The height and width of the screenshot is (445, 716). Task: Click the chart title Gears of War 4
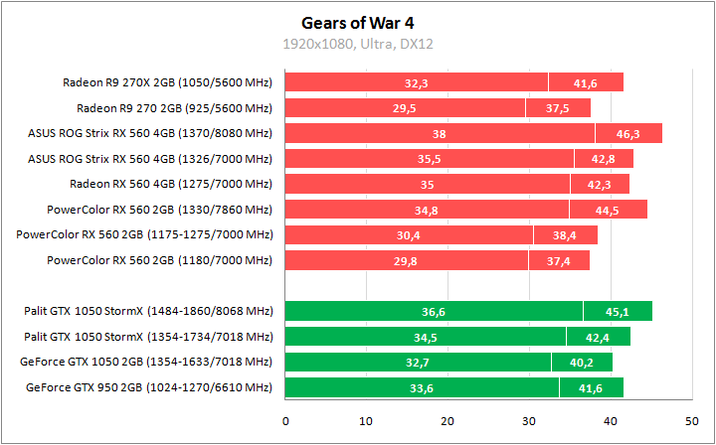click(x=357, y=22)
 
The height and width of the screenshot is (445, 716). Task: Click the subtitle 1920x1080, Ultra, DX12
click(x=357, y=44)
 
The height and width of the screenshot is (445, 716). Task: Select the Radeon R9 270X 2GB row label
click(x=167, y=82)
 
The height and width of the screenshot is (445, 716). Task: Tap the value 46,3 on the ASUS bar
click(x=628, y=133)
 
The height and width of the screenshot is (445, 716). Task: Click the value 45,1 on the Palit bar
click(x=618, y=312)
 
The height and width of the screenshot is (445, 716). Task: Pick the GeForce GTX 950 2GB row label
click(x=149, y=387)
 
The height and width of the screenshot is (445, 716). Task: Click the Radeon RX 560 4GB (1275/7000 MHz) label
click(x=171, y=184)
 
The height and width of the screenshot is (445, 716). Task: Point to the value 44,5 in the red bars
click(x=609, y=210)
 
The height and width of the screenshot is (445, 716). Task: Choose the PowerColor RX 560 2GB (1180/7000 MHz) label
click(x=159, y=260)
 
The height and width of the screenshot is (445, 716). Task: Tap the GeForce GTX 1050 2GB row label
click(x=149, y=362)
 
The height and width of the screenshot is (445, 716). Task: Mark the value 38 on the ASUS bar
click(x=440, y=133)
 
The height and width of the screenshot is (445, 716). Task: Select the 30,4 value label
click(x=409, y=235)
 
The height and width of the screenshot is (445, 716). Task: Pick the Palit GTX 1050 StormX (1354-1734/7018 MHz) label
click(x=148, y=337)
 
